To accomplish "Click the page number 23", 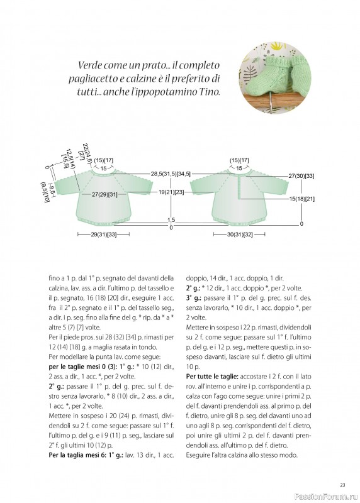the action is pyautogui.click(x=342, y=485).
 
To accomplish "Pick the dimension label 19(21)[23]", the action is pyautogui.click(x=171, y=192).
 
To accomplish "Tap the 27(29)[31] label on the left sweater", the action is pyautogui.click(x=104, y=194).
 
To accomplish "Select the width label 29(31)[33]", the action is pyautogui.click(x=103, y=235).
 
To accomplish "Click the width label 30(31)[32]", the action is pyautogui.click(x=240, y=235).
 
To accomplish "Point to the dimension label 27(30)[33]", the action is pyautogui.click(x=301, y=176).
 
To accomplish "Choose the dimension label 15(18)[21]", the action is pyautogui.click(x=301, y=199).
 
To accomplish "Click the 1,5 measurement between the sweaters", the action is pyautogui.click(x=171, y=220).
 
